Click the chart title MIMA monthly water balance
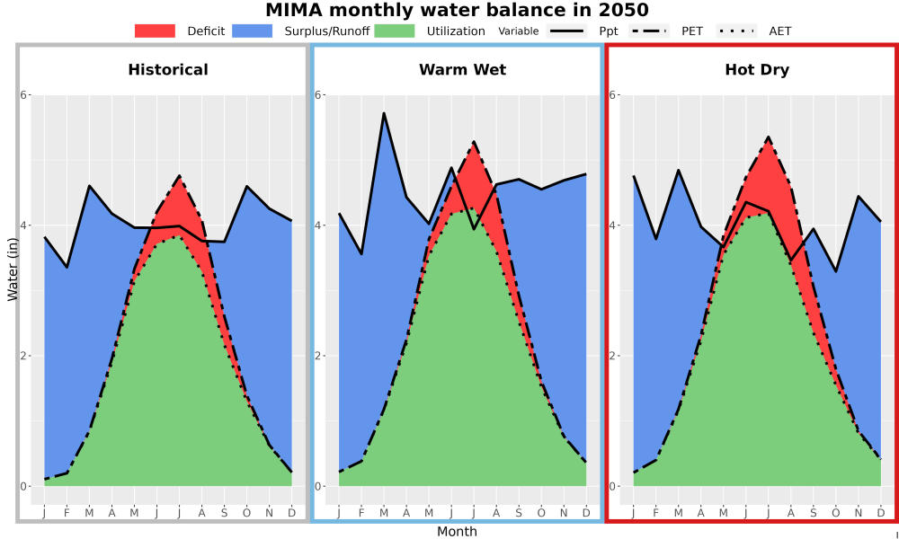point(457,10)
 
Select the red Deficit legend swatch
point(155,31)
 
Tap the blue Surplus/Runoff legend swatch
point(253,31)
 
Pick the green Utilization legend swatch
point(395,31)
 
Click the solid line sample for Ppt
point(566,31)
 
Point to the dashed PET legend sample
point(649,31)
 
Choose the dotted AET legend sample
point(737,31)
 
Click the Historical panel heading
point(168,70)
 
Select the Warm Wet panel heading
point(463,70)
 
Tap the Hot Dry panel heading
point(757,70)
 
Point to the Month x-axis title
point(457,532)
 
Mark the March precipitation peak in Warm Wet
point(384,113)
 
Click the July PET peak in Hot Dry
point(769,137)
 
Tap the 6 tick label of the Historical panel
point(24,94)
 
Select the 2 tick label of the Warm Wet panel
point(317,356)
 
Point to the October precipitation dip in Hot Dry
point(836,271)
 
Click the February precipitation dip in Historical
point(67,267)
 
